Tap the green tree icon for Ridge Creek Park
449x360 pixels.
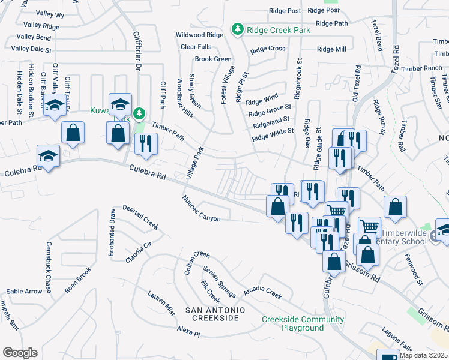(238, 29)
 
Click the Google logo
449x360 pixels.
(19, 353)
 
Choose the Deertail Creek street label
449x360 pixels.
(140, 217)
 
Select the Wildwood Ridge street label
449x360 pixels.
(199, 35)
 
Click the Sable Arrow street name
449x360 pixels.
(25, 292)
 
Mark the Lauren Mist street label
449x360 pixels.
(161, 302)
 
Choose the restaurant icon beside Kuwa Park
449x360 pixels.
(146, 143)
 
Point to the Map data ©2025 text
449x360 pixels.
(424, 355)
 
